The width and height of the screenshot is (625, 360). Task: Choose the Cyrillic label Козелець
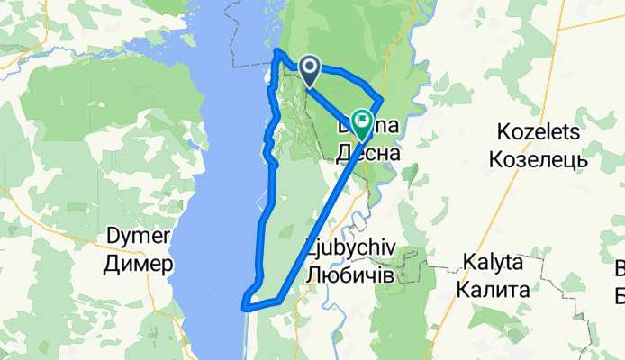click(x=537, y=160)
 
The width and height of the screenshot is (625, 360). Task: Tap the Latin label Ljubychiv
click(x=349, y=249)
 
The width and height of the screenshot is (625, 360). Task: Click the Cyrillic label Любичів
click(x=349, y=275)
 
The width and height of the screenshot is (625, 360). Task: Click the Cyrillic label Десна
click(x=367, y=154)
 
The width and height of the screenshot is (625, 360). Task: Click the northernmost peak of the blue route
click(x=276, y=52)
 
